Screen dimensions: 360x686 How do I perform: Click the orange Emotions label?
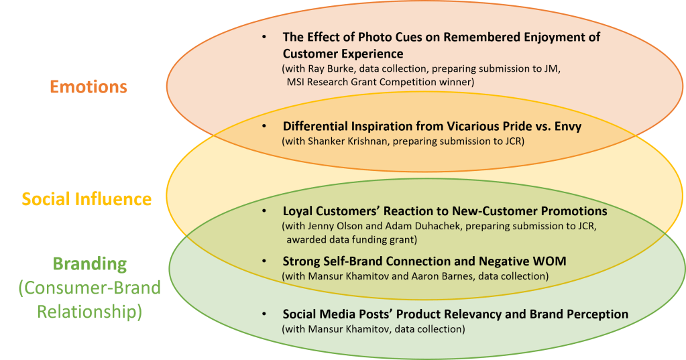coord(89,86)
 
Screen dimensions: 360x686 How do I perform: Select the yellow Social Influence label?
coord(87,199)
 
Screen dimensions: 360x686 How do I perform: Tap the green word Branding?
coord(89,264)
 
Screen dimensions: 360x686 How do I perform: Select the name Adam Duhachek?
coord(415,226)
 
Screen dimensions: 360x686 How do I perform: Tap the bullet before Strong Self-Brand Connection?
coord(265,261)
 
